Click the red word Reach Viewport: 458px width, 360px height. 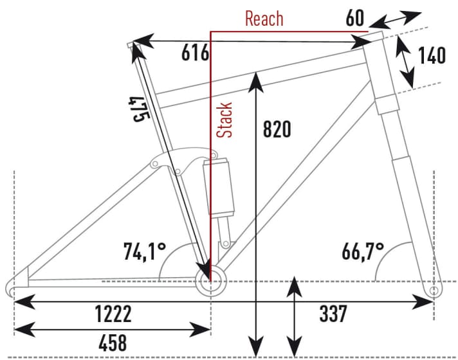pyautogui.click(x=264, y=18)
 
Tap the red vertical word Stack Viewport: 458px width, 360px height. pyautogui.click(x=224, y=120)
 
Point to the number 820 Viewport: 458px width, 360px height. pyautogui.click(x=277, y=129)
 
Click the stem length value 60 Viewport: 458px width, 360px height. pyautogui.click(x=356, y=18)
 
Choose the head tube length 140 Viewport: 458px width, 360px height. pyautogui.click(x=432, y=56)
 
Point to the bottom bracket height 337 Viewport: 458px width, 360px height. pyautogui.click(x=333, y=314)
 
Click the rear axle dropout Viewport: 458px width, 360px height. pyautogui.click(x=14, y=285)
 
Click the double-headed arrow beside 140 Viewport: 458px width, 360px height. pyautogui.click(x=405, y=62)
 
